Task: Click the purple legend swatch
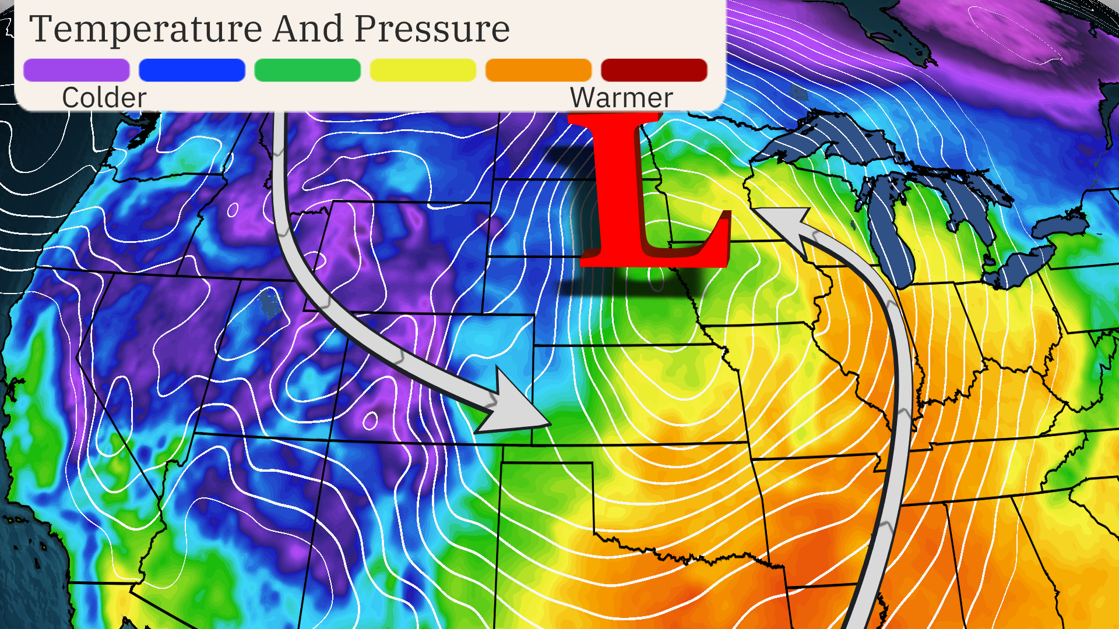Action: click(76, 70)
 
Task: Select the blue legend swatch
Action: click(192, 70)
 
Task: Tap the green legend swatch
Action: click(307, 70)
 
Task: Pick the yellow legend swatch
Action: click(423, 70)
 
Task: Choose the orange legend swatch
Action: click(538, 70)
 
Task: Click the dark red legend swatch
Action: click(653, 70)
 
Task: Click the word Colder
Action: click(104, 97)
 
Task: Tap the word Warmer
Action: click(621, 97)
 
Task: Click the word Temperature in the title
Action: click(146, 29)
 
